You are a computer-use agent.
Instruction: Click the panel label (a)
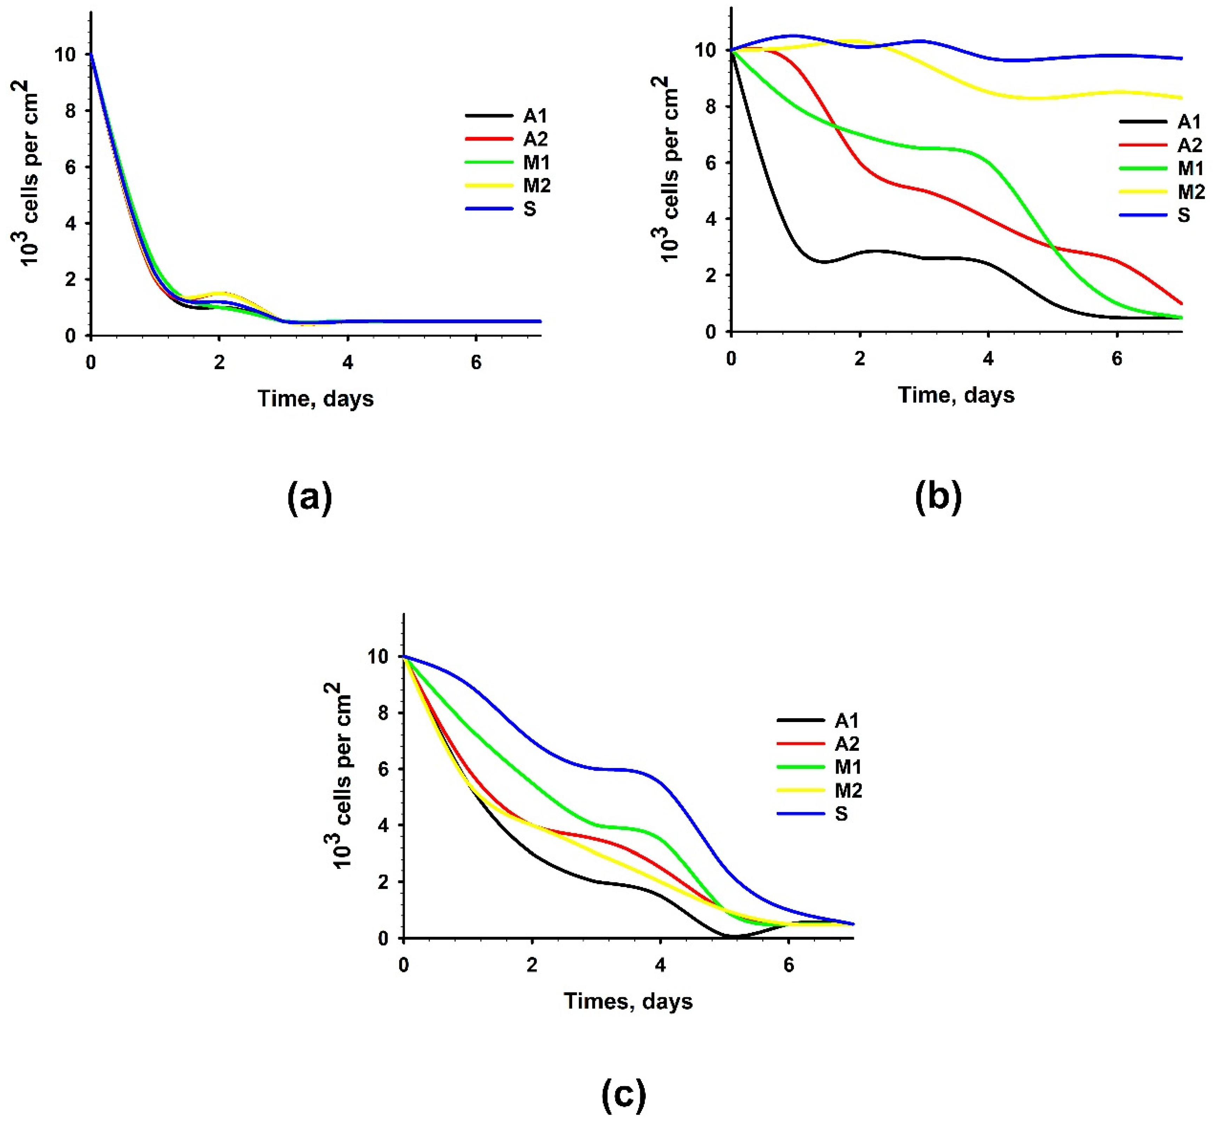310,498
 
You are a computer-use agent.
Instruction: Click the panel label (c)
623,1095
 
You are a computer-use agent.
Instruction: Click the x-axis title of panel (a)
316,399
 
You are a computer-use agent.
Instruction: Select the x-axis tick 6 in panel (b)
1116,359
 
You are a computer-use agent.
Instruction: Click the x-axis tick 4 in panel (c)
660,965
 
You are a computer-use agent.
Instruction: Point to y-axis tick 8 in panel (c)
383,713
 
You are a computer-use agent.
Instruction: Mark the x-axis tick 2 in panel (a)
219,363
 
